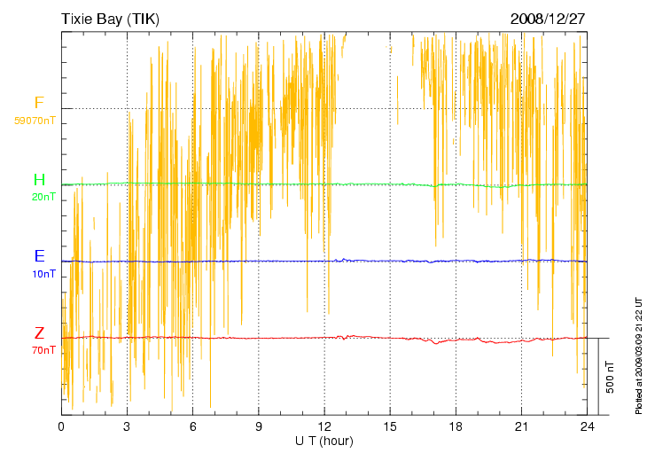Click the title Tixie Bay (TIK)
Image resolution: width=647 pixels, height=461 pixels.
point(110,19)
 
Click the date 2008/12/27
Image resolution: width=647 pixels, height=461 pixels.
point(548,19)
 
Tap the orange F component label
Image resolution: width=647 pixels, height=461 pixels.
point(38,104)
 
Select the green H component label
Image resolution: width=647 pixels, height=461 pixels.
point(39,181)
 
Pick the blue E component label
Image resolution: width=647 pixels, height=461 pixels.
point(39,256)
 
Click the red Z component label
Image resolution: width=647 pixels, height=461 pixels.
point(39,333)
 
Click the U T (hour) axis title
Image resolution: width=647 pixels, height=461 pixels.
point(324,441)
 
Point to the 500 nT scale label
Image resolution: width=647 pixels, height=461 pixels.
point(611,377)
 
